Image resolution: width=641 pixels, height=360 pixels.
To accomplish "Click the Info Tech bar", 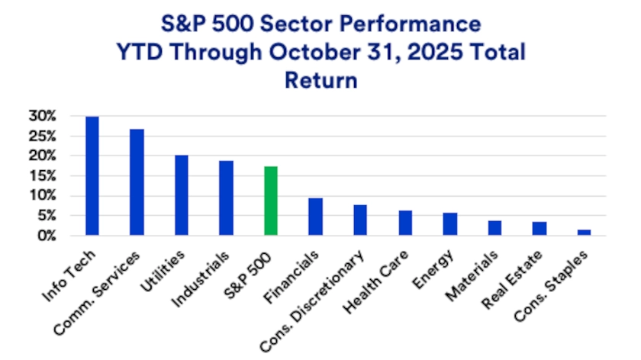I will pos(92,175).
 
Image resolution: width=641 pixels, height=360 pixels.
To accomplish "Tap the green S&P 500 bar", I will pos(271,201).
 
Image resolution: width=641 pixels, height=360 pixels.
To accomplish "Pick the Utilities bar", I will pos(182,194).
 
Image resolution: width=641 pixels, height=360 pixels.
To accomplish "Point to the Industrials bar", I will pos(226,198).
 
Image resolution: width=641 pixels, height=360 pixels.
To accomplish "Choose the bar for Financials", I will pos(316,216).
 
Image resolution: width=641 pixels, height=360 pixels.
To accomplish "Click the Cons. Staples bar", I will pos(584,232).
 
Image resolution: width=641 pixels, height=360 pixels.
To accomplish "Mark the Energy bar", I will pos(450,223).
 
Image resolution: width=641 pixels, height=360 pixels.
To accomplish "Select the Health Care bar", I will pos(405,222).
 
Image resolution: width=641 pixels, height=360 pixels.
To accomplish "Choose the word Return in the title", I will pos(320,79).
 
